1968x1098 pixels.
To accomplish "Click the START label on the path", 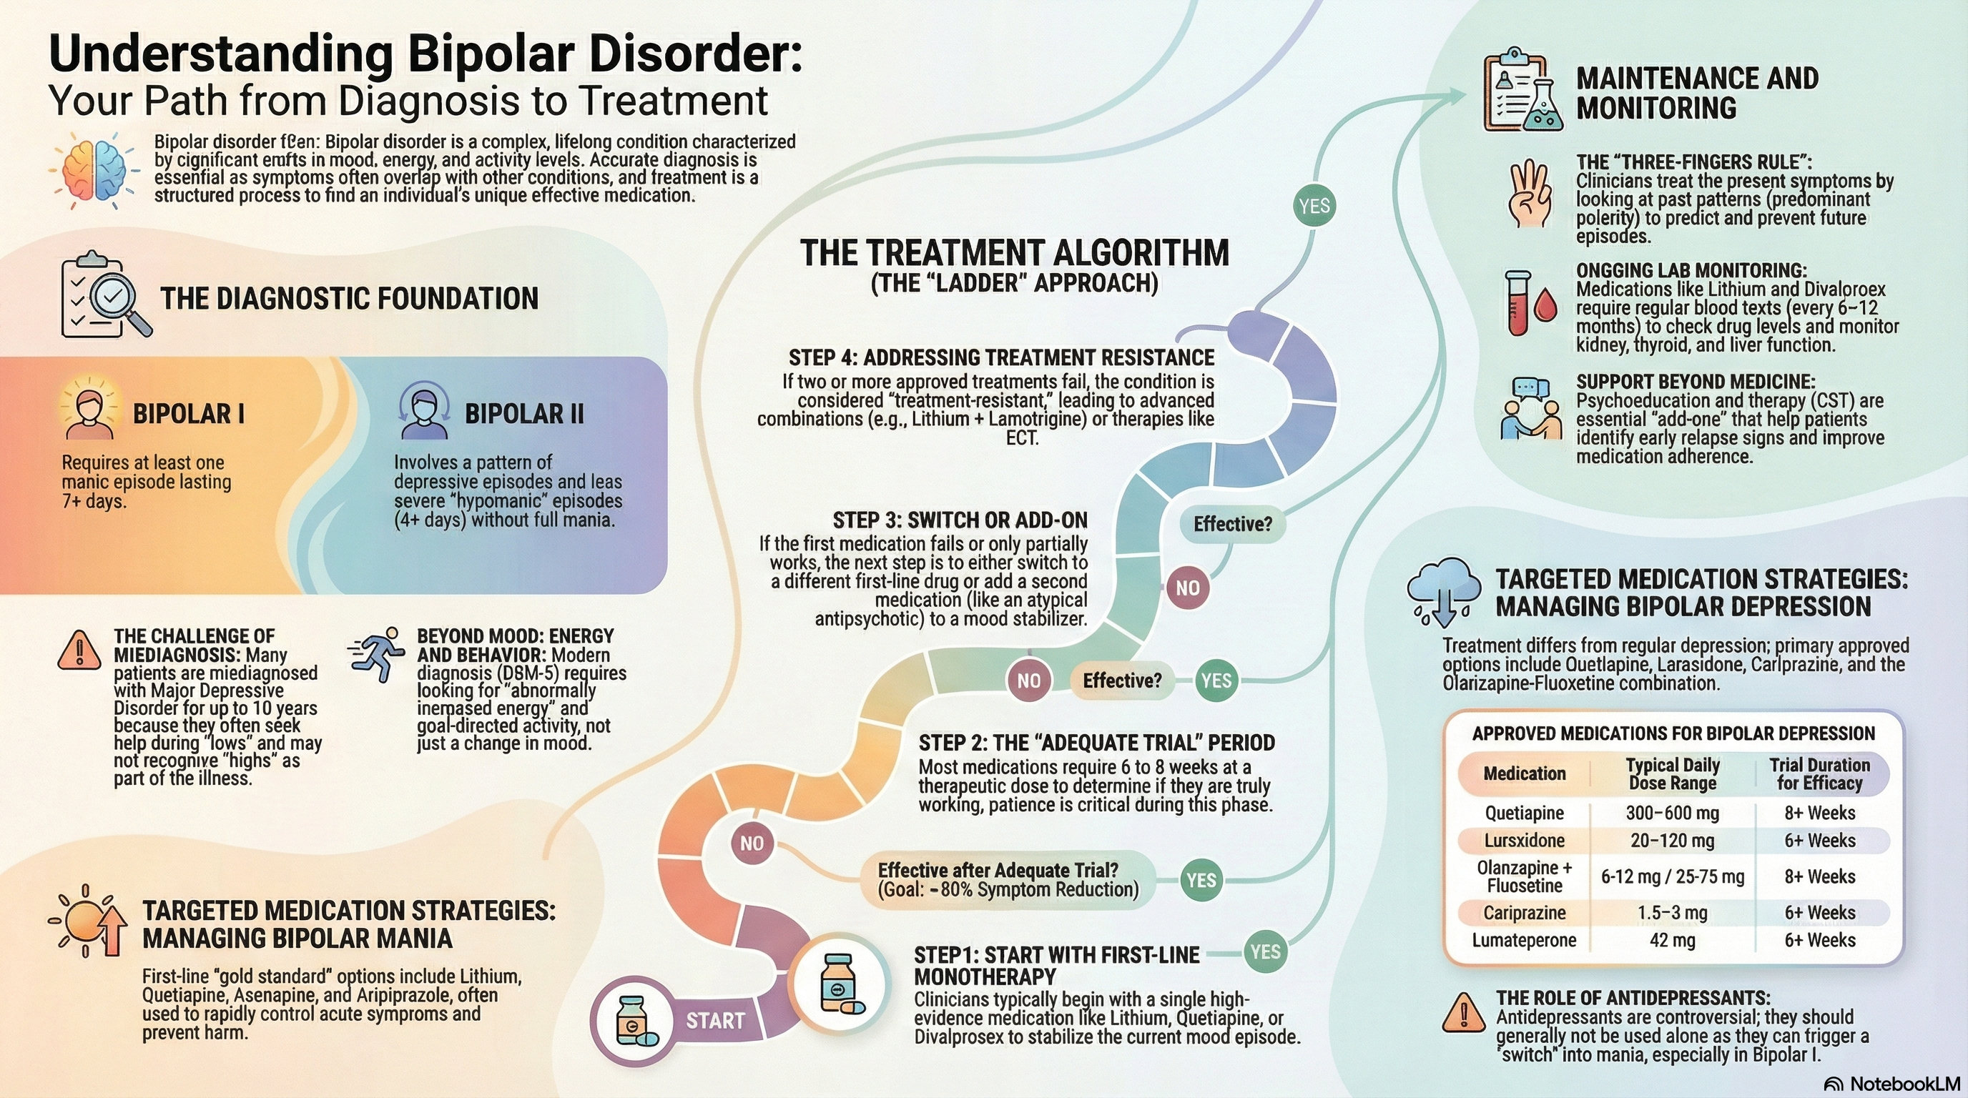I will click(714, 1021).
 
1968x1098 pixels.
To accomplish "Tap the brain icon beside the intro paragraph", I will click(94, 169).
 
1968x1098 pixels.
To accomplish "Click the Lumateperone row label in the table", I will click(1524, 940).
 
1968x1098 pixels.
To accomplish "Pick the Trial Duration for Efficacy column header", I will click(1820, 773).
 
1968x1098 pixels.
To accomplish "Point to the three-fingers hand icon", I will click(1530, 194).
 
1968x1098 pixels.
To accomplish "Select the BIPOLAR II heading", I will click(524, 414).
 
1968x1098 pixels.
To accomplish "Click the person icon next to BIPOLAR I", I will click(90, 413).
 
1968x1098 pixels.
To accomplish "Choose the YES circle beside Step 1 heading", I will click(1265, 951).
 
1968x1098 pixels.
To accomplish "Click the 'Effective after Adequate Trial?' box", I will click(1008, 880).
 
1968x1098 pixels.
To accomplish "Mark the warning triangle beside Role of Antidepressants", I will click(1463, 1013).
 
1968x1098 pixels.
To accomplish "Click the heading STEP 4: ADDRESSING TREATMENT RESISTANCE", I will click(1001, 357).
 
